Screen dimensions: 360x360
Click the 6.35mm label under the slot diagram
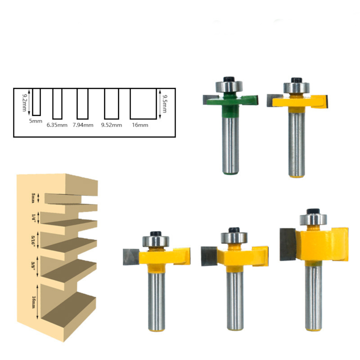click(x=57, y=125)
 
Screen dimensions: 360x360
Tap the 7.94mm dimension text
click(x=83, y=125)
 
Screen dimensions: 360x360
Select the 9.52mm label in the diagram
click(x=112, y=125)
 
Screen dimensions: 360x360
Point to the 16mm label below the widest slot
click(x=140, y=125)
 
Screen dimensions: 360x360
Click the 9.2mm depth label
click(x=24, y=102)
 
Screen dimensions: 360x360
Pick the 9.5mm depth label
click(x=165, y=104)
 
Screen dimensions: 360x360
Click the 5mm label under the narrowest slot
click(x=36, y=121)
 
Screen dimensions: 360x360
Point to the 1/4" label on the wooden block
click(x=34, y=217)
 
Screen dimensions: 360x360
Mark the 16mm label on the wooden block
click(x=34, y=302)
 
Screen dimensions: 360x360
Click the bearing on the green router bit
click(x=229, y=86)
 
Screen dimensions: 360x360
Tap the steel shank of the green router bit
click(x=230, y=144)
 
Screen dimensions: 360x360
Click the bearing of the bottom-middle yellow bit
click(x=234, y=238)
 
